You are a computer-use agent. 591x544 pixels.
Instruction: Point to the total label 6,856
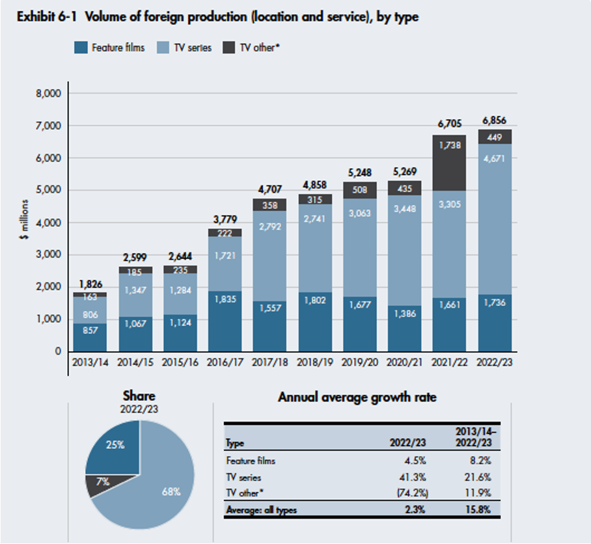pyautogui.click(x=494, y=120)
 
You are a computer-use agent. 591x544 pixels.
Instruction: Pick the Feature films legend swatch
pyautogui.click(x=81, y=47)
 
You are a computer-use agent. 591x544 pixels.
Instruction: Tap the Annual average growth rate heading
pyautogui.click(x=357, y=397)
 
